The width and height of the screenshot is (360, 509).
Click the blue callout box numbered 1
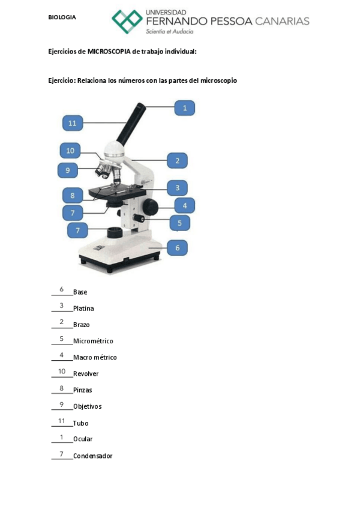185,108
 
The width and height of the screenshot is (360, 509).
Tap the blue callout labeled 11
72,123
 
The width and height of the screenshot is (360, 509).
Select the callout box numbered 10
70,151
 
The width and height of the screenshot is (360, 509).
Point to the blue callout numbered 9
68,170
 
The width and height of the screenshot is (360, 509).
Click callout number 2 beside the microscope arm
178,160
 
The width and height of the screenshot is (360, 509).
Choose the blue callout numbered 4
185,206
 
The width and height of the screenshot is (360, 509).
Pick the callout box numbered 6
178,247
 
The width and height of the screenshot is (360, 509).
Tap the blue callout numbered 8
72,196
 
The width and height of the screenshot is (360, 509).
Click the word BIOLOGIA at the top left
62,17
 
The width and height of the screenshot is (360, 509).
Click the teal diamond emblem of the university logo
127,22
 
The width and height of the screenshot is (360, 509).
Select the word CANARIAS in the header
282,22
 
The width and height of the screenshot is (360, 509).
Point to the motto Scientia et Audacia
170,32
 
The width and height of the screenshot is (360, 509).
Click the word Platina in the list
83,309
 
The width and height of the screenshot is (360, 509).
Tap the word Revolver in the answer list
86,374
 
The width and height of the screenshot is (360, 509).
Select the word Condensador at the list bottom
92,456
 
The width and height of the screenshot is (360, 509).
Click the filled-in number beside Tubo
61,421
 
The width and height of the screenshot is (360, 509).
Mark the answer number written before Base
61,290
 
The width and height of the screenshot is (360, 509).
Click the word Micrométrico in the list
93,341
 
